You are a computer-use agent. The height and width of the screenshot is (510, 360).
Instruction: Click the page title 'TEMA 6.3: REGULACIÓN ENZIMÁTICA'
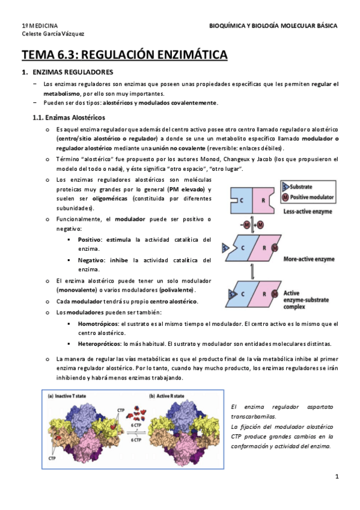click(125, 56)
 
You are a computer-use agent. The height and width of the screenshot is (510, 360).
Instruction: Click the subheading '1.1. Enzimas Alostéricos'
click(69, 117)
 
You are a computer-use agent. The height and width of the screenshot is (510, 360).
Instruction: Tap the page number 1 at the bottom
click(337, 477)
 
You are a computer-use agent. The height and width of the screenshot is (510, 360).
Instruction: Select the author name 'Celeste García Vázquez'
click(53, 34)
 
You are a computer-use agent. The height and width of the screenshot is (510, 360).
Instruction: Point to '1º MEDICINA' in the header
click(40, 26)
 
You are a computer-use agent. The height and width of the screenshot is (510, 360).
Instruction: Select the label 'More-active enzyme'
click(310, 259)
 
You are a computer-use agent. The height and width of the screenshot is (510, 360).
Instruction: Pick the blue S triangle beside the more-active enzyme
click(225, 247)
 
